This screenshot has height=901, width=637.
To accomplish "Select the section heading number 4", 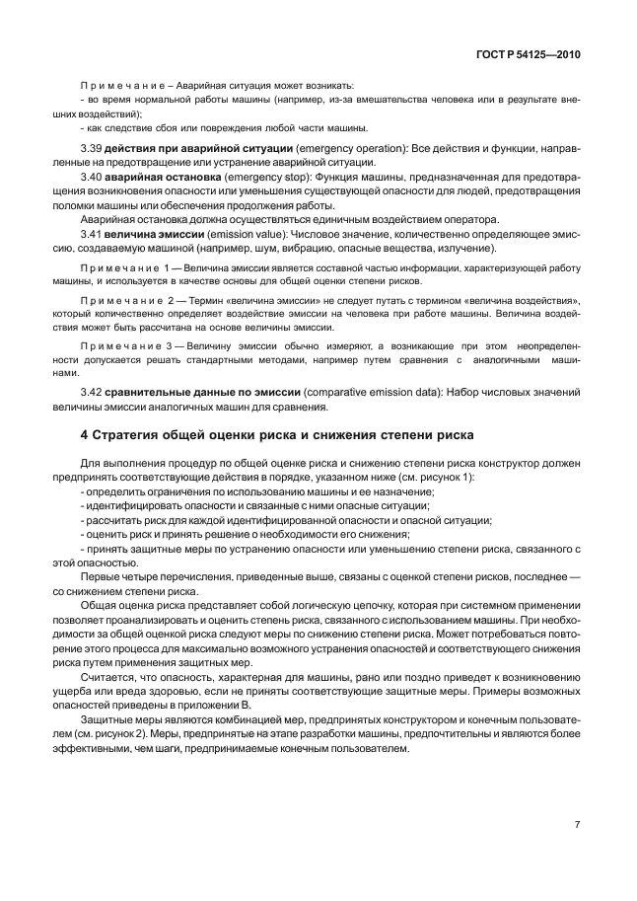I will tap(83, 434).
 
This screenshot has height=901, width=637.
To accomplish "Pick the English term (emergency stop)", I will tap(263, 176).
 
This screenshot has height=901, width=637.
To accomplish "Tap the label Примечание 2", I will tap(126, 299).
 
